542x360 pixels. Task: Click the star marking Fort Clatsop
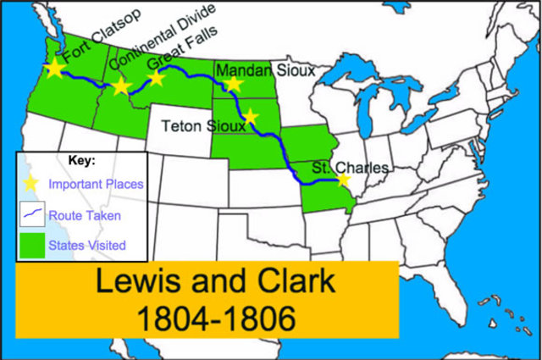[55, 68]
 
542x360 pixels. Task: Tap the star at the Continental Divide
[120, 86]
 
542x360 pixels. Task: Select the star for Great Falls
[157, 79]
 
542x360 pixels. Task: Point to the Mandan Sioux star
[234, 83]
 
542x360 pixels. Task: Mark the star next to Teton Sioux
[250, 118]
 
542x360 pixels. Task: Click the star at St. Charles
[343, 179]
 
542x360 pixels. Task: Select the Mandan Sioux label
[265, 70]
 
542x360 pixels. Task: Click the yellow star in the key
[33, 181]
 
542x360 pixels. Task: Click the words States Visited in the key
[87, 246]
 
